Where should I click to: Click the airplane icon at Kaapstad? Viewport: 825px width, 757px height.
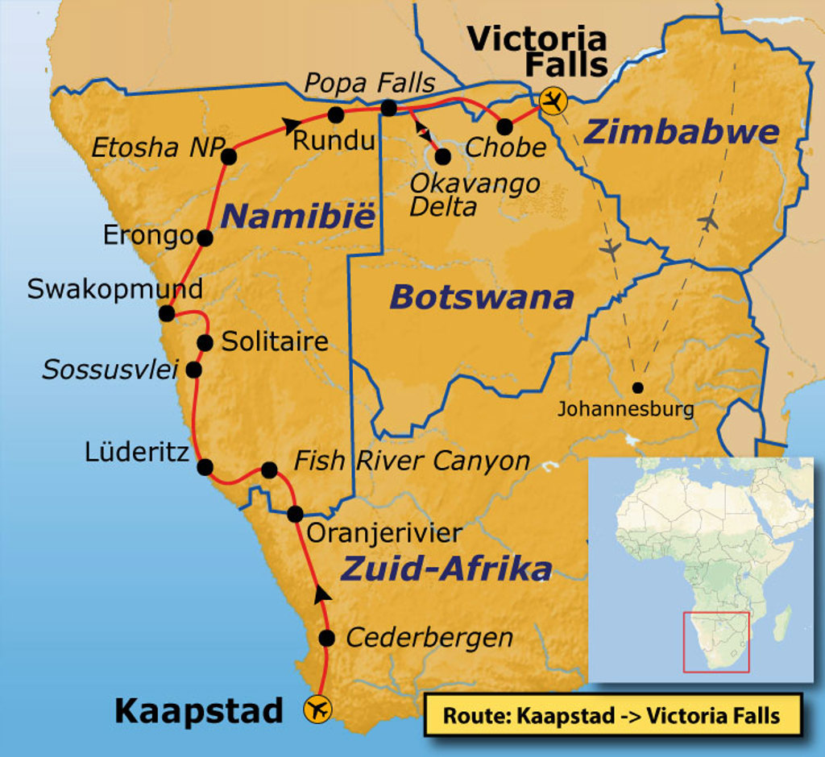(x=317, y=709)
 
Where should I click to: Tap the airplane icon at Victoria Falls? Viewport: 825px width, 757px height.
(x=553, y=101)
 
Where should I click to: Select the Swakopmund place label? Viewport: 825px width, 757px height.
(x=114, y=290)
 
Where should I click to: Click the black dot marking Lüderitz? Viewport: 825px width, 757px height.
(x=205, y=467)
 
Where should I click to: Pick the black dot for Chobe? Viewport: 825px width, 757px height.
(x=505, y=126)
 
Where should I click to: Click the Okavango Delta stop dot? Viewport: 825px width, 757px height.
(x=442, y=156)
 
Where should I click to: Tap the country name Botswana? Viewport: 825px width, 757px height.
(x=482, y=297)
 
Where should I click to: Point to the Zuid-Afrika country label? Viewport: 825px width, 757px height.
(x=446, y=569)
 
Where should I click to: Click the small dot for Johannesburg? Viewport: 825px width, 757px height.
(x=638, y=387)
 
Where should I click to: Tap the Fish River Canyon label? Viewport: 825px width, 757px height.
(x=412, y=461)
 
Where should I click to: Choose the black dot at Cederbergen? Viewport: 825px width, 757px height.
(x=327, y=639)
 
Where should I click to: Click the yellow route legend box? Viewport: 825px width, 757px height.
(x=612, y=715)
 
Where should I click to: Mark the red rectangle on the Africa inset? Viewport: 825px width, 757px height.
(x=716, y=642)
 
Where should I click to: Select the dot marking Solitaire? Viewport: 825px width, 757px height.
(x=205, y=343)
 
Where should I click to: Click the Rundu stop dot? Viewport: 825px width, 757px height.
(x=336, y=115)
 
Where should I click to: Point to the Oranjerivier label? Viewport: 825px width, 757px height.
(x=385, y=532)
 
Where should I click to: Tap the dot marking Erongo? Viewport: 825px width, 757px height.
(x=205, y=238)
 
